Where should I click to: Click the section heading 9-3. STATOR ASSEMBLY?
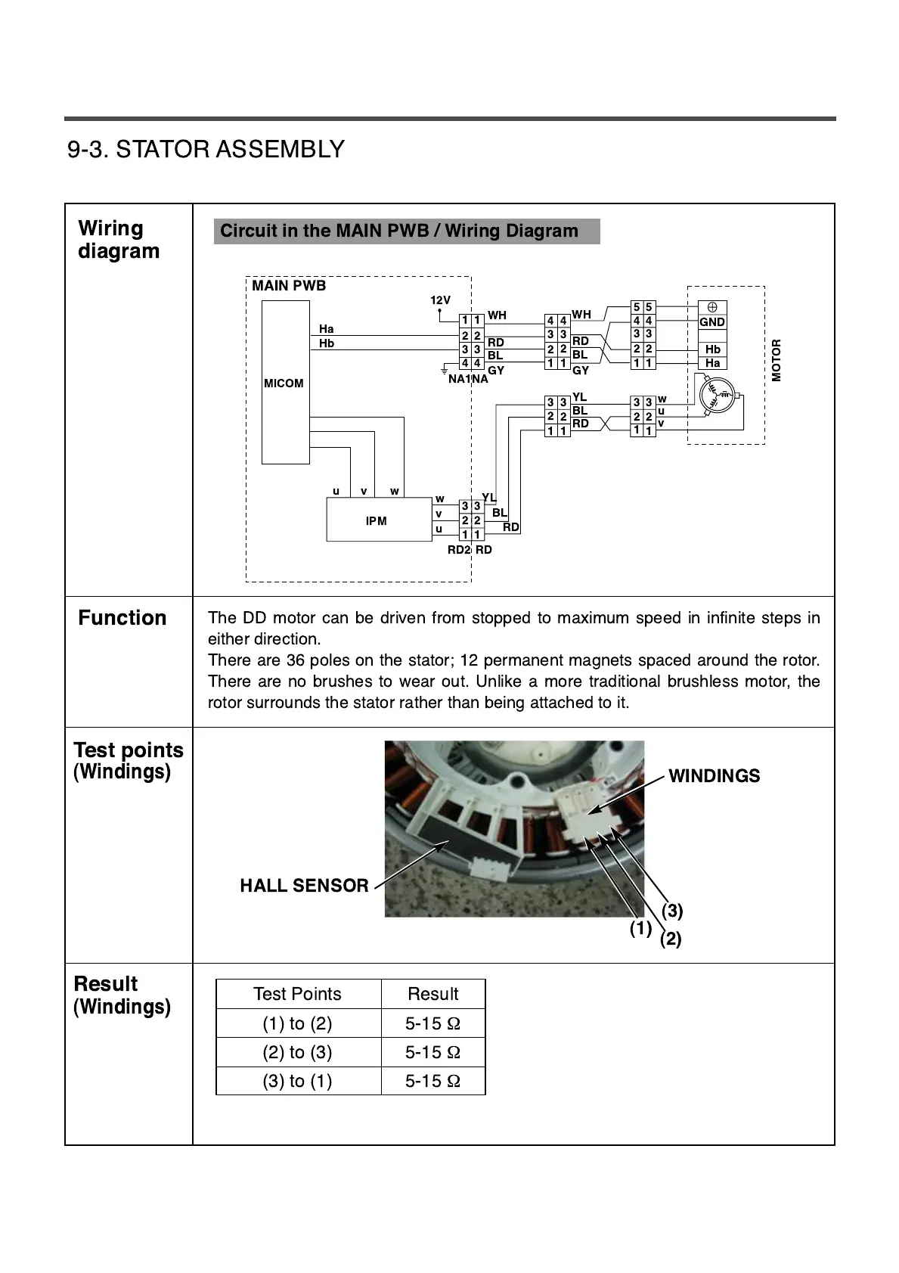206,149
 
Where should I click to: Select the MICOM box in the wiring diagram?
285,383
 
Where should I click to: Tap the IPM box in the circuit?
377,521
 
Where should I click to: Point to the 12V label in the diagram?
440,300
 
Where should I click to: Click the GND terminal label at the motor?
711,322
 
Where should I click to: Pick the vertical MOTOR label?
777,361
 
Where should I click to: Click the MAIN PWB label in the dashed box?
289,286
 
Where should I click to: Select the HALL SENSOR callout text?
304,886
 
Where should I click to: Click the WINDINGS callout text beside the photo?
714,776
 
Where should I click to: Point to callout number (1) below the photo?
640,929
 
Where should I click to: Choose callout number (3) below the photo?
672,911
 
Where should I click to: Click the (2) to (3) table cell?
298,1052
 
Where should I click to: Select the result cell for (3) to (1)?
432,1081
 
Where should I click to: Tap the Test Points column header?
298,994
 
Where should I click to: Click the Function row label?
122,618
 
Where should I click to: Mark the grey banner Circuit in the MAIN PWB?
407,231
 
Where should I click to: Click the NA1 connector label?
459,379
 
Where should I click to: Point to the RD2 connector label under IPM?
459,550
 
